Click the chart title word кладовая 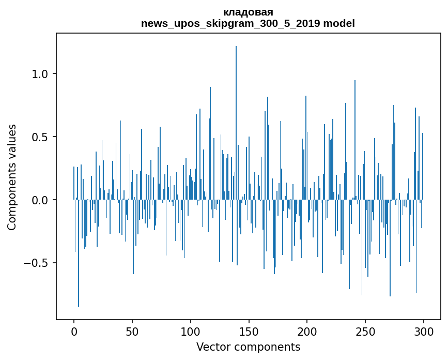click(x=248, y=12)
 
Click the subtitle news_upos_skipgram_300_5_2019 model click(x=248, y=23)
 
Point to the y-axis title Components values click(x=12, y=177)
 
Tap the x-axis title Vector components click(x=248, y=347)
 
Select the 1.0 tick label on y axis click(x=40, y=74)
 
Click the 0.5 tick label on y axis click(x=40, y=137)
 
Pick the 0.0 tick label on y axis click(x=40, y=200)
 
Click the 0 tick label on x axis click(x=74, y=331)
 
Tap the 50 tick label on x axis click(x=132, y=331)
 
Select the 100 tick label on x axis click(x=191, y=331)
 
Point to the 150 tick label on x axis click(x=249, y=331)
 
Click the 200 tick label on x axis click(x=307, y=331)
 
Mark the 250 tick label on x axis click(x=365, y=331)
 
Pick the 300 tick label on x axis click(x=424, y=331)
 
